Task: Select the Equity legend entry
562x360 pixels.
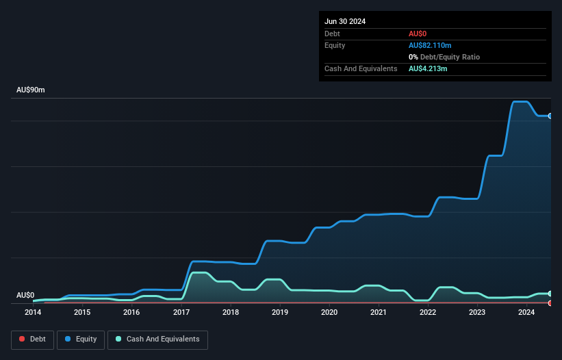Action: pos(81,339)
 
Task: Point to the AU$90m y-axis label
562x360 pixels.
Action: pos(31,90)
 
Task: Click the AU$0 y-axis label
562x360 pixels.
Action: pos(25,295)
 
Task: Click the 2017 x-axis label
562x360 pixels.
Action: pos(181,313)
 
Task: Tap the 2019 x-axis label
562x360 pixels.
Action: pos(280,313)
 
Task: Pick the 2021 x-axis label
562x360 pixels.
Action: pos(379,313)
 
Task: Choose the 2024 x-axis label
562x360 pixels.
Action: pos(526,313)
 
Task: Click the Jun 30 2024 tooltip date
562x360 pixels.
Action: pos(345,21)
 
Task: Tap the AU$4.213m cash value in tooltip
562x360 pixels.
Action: pos(429,69)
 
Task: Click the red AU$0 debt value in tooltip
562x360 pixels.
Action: pos(418,34)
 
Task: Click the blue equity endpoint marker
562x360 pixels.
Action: pos(550,116)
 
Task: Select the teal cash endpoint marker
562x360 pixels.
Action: pos(550,294)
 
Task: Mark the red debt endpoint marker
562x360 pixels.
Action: pos(550,303)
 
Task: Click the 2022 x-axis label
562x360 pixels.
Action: pos(428,313)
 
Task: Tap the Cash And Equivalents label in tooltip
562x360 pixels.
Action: pos(361,69)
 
